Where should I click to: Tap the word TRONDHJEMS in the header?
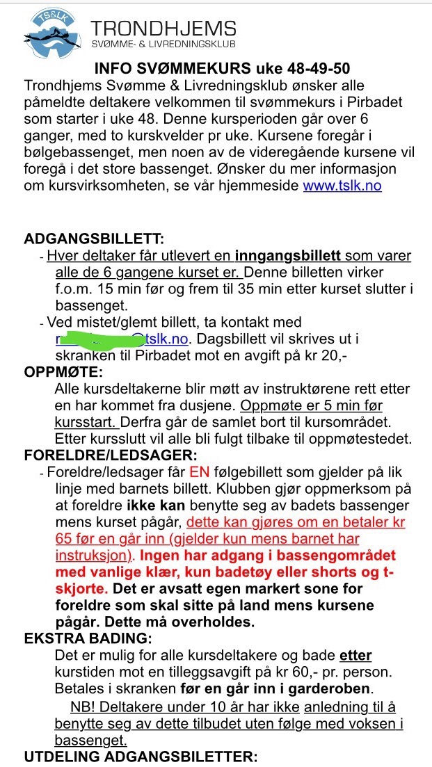(x=164, y=29)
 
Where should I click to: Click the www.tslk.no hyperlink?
(x=342, y=186)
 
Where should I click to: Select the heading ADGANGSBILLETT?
(x=94, y=239)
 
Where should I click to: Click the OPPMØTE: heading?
(x=63, y=372)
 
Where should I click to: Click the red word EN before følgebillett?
(x=199, y=473)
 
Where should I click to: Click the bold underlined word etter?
(x=355, y=655)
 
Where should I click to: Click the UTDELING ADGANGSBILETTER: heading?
(x=141, y=757)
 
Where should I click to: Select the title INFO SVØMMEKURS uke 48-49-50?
(x=223, y=69)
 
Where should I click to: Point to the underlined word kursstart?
(x=86, y=422)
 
